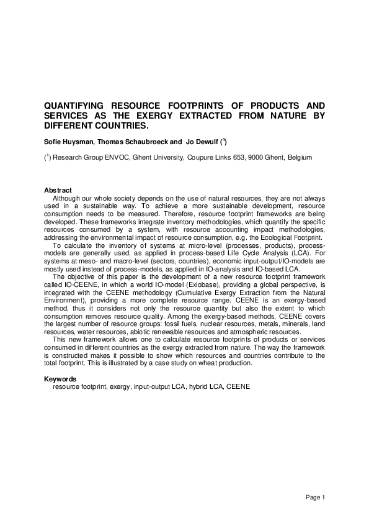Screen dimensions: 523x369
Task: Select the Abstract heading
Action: pyautogui.click(x=58, y=190)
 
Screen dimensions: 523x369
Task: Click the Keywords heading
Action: pyautogui.click(x=61, y=378)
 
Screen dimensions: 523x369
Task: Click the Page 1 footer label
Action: pyautogui.click(x=314, y=497)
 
